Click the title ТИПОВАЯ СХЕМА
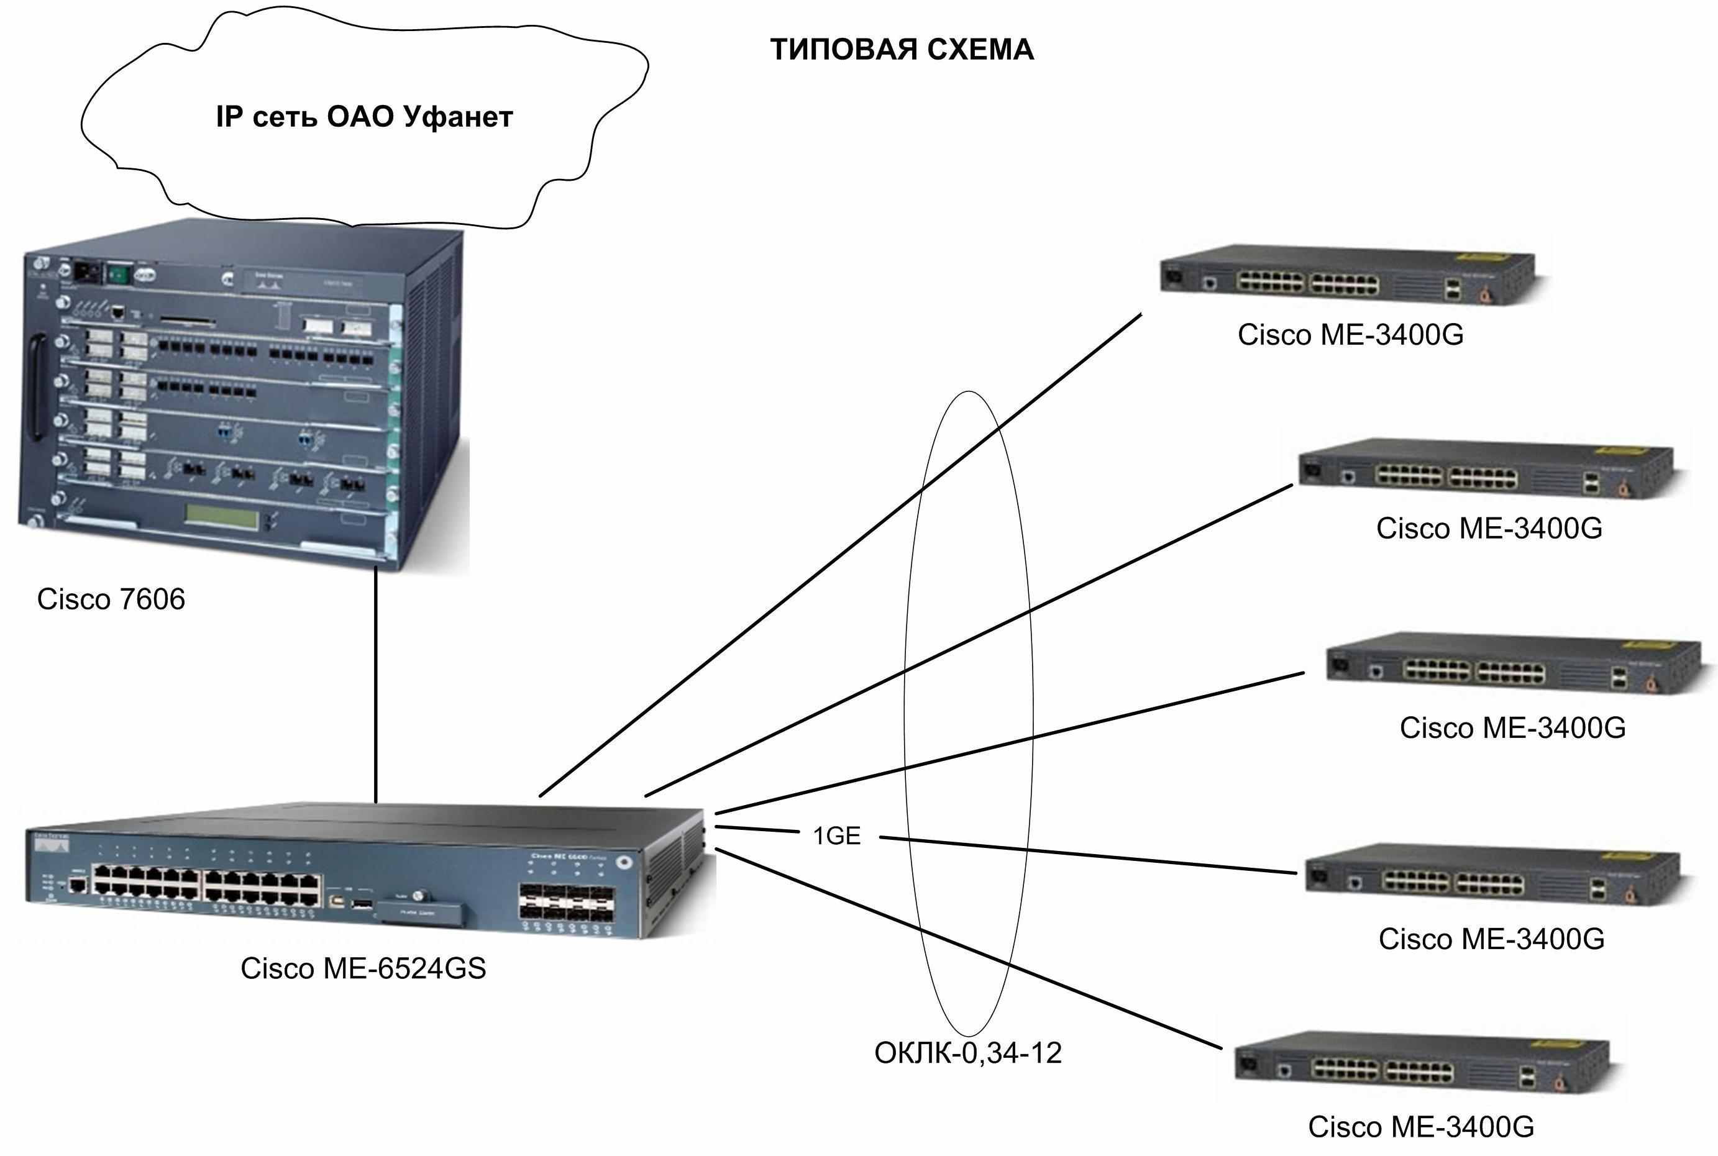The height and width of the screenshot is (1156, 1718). (x=901, y=50)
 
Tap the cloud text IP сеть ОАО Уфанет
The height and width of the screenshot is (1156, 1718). (x=364, y=117)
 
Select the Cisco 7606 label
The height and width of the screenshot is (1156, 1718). (x=111, y=599)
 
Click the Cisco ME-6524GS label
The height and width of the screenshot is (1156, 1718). (x=363, y=968)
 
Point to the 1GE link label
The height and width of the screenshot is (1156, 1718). (x=836, y=835)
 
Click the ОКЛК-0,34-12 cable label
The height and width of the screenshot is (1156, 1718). (x=967, y=1052)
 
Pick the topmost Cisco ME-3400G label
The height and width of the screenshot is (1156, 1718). (x=1350, y=335)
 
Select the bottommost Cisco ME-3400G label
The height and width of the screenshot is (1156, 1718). (x=1421, y=1127)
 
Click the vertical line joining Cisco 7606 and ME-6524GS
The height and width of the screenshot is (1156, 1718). (x=375, y=684)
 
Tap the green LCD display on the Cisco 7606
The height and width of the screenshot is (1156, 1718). (x=221, y=516)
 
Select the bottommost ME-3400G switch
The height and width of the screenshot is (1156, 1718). (x=1421, y=1063)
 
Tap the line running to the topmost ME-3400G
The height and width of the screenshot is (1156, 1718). (x=841, y=555)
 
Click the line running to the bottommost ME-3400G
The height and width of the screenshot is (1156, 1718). (x=968, y=948)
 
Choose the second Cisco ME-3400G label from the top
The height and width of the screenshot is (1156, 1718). (x=1489, y=528)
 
